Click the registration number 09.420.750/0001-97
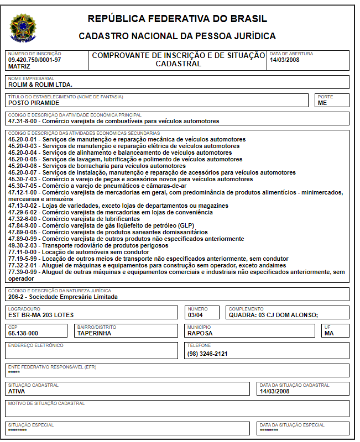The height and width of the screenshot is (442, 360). point(34,60)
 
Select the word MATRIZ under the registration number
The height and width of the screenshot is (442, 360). point(19,66)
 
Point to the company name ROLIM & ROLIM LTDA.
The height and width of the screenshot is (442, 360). point(40,85)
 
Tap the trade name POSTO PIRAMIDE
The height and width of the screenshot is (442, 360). point(34,103)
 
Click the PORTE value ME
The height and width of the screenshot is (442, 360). point(322,103)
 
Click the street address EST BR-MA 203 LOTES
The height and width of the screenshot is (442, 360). point(41,315)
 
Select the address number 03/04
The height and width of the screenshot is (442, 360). point(196,315)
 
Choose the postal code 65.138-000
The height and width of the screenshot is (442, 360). point(23,333)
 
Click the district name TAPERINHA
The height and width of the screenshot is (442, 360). point(94,333)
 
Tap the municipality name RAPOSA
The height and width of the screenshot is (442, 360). point(200,333)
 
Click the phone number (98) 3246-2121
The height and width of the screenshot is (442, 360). point(207,354)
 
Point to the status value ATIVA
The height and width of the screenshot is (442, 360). point(17,391)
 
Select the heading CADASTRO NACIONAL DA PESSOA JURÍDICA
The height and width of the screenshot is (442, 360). point(177,36)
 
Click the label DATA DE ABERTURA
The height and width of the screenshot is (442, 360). point(291,54)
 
